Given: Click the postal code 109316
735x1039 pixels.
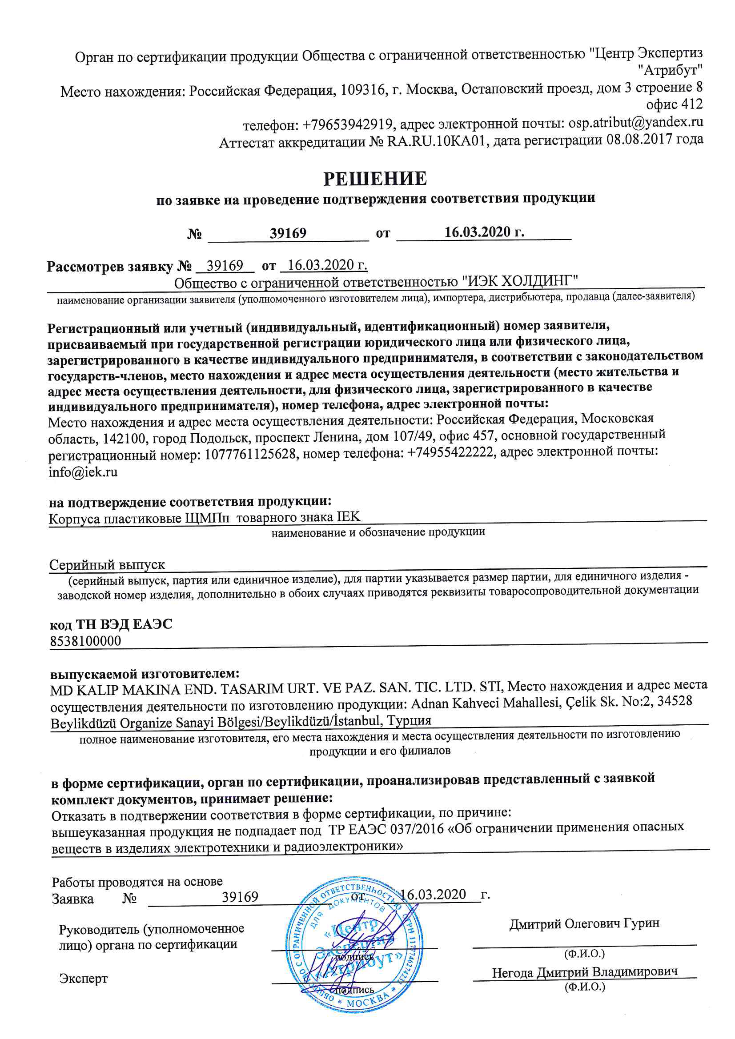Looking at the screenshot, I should [362, 90].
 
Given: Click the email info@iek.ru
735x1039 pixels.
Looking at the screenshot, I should [83, 472].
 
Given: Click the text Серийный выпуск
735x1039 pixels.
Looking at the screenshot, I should [107, 564].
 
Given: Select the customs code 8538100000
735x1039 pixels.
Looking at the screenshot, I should [85, 641].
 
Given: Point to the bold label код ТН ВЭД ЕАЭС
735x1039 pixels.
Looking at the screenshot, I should [111, 624].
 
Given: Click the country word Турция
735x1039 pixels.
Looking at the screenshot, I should [410, 720].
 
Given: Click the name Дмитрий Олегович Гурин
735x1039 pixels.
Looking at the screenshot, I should [584, 923].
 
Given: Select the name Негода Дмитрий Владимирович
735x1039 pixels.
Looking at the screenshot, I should [585, 972].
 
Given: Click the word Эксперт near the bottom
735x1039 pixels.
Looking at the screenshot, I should [83, 979].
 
